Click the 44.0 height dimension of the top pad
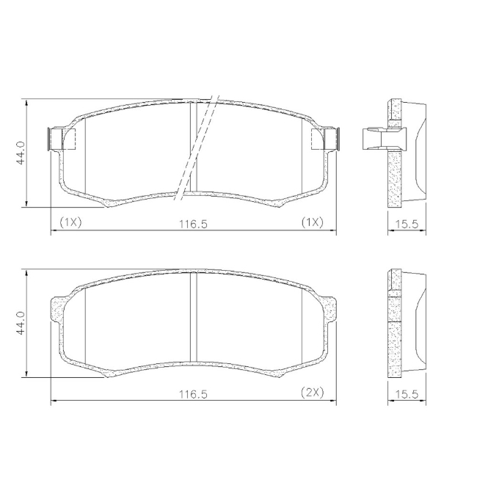click(21, 153)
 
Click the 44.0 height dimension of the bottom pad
click(21, 323)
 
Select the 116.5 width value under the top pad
click(193, 225)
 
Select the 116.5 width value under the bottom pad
click(193, 395)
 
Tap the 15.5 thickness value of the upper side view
click(407, 225)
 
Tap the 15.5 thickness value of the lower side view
click(407, 395)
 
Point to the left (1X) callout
click(70, 222)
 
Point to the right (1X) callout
click(313, 222)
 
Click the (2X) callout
click(313, 393)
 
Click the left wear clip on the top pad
click(62, 139)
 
